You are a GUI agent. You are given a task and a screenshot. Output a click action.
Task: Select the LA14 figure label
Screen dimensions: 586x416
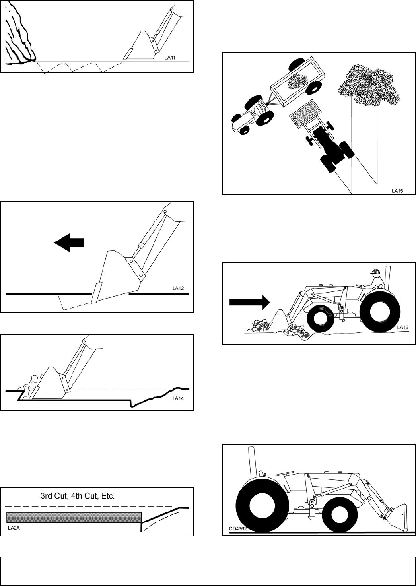point(179,398)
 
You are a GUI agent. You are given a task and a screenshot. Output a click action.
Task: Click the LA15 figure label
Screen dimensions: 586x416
point(397,191)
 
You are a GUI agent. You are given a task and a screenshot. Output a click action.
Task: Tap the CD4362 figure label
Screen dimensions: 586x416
point(237,529)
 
